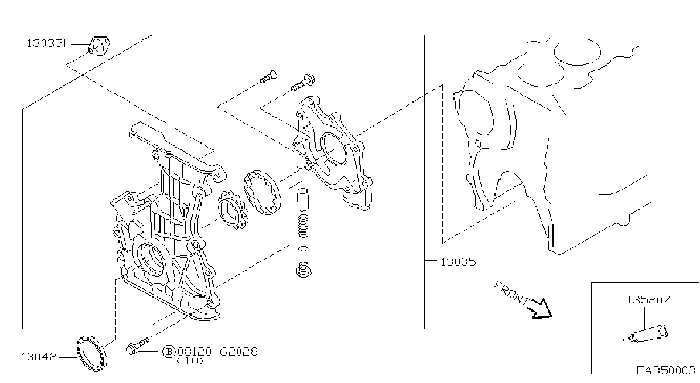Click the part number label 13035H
[x=48, y=43]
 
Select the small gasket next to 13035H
[x=99, y=46]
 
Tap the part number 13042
[x=39, y=357]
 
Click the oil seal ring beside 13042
[x=92, y=353]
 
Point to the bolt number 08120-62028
[x=218, y=352]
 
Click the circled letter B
[x=169, y=352]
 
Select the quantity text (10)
[x=190, y=361]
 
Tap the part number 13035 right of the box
[x=459, y=262]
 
